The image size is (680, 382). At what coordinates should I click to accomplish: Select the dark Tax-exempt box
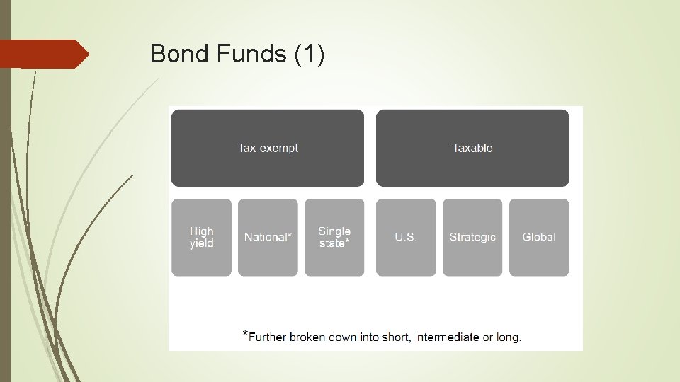click(268, 148)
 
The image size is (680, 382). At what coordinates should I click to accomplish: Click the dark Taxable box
click(472, 148)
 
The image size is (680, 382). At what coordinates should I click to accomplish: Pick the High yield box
click(201, 237)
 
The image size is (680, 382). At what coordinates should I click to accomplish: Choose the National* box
click(268, 237)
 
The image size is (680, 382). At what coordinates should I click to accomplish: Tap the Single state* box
click(334, 237)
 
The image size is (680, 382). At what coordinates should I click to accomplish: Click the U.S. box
click(406, 237)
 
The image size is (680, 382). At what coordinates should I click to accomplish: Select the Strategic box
click(472, 237)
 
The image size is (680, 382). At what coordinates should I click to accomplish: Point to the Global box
click(539, 237)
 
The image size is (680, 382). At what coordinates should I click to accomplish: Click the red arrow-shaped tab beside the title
click(44, 54)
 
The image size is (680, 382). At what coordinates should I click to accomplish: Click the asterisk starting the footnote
click(245, 333)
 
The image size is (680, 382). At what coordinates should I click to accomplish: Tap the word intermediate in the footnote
click(446, 337)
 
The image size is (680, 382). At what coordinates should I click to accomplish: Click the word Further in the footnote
click(267, 337)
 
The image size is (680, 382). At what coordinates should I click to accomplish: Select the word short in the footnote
click(396, 337)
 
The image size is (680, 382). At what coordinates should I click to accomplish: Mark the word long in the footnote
click(508, 337)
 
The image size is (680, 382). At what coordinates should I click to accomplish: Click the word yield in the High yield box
click(201, 243)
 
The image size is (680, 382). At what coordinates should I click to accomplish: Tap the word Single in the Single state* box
click(334, 231)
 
